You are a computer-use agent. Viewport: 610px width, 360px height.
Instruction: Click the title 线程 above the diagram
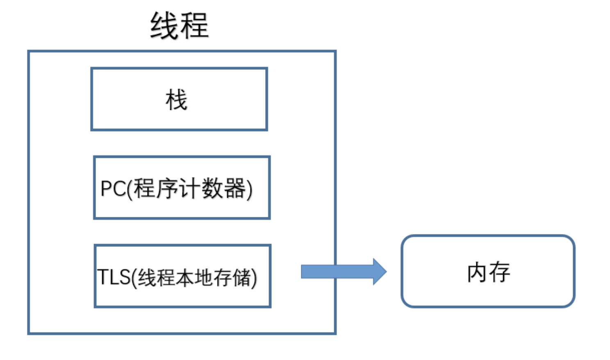pos(179,26)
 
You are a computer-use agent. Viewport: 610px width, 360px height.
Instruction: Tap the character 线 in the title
pos(164,26)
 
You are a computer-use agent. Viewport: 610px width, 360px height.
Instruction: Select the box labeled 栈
pos(179,99)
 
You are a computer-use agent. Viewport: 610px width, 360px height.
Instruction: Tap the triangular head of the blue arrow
pos(379,271)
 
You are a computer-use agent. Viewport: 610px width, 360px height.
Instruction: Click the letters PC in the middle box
pos(113,189)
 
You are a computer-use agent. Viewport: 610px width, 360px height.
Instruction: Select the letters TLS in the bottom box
pos(114,277)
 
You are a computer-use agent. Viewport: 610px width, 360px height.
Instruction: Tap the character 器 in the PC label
pos(234,189)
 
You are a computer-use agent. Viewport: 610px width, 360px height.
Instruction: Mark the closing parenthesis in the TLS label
pos(254,278)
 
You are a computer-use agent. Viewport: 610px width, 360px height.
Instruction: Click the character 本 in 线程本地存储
pos(185,278)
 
